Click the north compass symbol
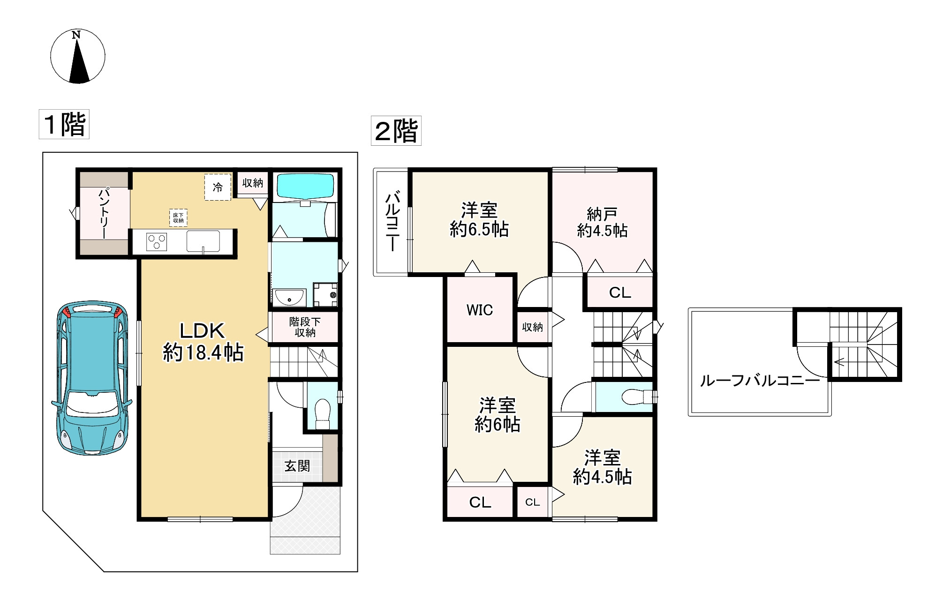pyautogui.click(x=78, y=56)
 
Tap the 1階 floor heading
pyautogui.click(x=64, y=125)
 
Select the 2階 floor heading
pyautogui.click(x=396, y=131)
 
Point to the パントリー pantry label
pyautogui.click(x=104, y=213)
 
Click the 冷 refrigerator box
pyautogui.click(x=218, y=187)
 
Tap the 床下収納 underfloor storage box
pyautogui.click(x=178, y=217)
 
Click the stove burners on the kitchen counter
pyautogui.click(x=157, y=242)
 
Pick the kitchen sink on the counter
pyautogui.click(x=203, y=241)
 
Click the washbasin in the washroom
pyautogui.click(x=289, y=297)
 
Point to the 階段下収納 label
pyautogui.click(x=305, y=327)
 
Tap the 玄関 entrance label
pyautogui.click(x=297, y=466)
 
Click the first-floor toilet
pyautogui.click(x=323, y=412)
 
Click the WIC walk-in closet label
pyautogui.click(x=480, y=310)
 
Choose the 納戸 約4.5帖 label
pyautogui.click(x=602, y=222)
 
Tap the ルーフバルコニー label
pyautogui.click(x=760, y=380)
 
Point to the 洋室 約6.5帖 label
pyautogui.click(x=479, y=219)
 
